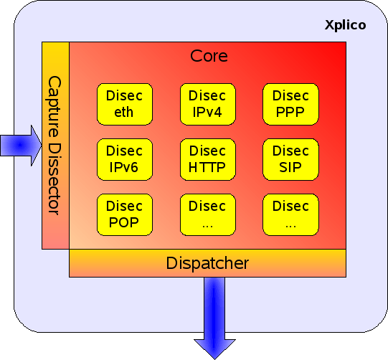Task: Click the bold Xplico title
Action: pos(345,25)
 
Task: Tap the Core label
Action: pos(209,56)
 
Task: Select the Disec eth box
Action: pos(125,104)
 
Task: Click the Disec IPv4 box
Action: pos(207,104)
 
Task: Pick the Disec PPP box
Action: pos(290,104)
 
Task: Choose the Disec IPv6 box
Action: pos(125,159)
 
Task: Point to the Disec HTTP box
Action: pos(207,159)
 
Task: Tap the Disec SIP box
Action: pos(290,159)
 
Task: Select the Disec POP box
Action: pos(125,214)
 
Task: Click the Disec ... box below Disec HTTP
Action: pos(207,214)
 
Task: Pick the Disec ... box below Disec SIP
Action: pos(290,214)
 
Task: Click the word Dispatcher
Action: pos(207,263)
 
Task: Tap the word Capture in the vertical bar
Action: pos(54,106)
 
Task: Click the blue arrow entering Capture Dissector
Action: pos(21,146)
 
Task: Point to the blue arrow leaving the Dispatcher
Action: pos(214,318)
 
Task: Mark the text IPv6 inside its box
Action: pos(123,167)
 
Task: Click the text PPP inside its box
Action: pos(290,112)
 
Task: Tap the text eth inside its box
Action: pos(124,112)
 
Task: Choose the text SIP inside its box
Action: pos(290,167)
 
